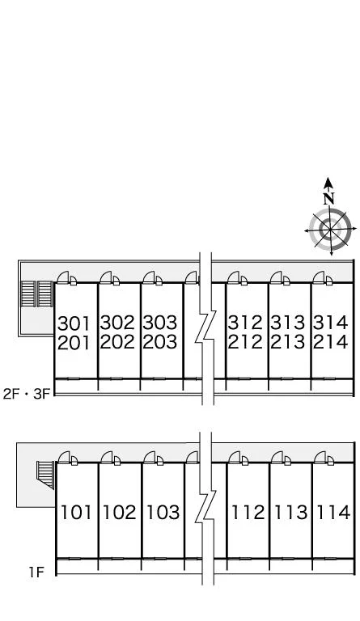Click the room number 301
coord(74,323)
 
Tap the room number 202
coord(117,342)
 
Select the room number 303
coord(160,323)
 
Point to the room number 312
coord(245,323)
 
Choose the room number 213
coord(288,342)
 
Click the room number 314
coord(331,323)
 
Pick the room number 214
coord(331,342)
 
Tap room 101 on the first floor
coord(76,512)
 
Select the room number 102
coord(119,512)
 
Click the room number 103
coord(163,512)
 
